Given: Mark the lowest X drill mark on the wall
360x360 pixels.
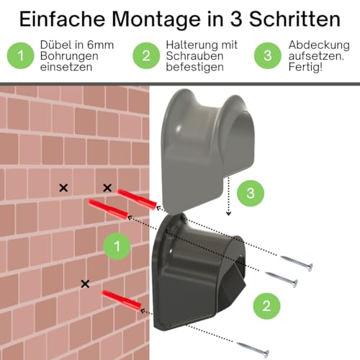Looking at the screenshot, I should click(x=86, y=284).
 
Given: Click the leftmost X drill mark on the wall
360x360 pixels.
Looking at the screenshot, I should click(x=63, y=188).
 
